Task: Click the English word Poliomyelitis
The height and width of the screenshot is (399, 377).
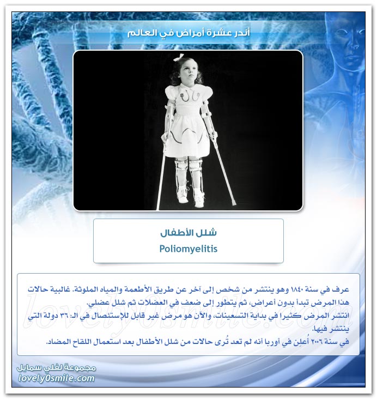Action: [188, 249]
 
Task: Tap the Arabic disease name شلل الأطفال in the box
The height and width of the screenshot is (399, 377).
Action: [188, 233]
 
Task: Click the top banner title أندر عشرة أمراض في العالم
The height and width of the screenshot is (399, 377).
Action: [188, 33]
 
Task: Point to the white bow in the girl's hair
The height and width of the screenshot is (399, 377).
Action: [179, 57]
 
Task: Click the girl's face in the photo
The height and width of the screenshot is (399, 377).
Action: [188, 72]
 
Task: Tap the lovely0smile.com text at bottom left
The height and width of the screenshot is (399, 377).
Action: [57, 378]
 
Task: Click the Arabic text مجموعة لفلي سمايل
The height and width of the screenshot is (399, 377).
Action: [57, 368]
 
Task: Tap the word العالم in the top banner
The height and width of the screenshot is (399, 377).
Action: [139, 33]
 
